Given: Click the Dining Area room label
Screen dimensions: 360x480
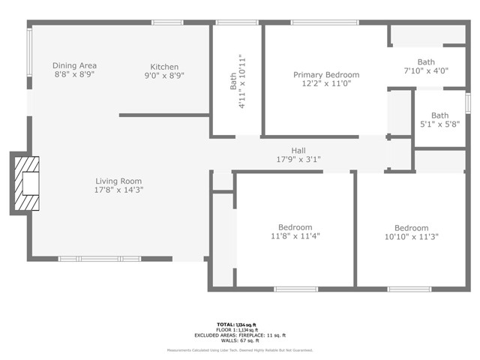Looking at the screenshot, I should pos(74,66).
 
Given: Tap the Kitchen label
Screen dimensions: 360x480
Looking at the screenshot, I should pos(163,66).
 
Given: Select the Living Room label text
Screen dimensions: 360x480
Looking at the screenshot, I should pos(118,181).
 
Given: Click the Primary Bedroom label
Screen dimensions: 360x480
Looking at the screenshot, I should pos(325,75).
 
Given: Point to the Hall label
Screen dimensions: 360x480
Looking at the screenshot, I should pos(298,150).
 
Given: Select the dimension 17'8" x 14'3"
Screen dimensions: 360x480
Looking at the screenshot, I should pos(118,190).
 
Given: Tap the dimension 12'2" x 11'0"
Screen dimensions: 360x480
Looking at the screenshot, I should pos(325,84).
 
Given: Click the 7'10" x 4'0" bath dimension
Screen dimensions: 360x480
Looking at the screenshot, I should pos(426,71).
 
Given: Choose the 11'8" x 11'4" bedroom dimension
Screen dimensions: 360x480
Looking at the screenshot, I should pos(295,236).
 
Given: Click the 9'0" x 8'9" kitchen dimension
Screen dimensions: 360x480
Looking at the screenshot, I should pos(163,75).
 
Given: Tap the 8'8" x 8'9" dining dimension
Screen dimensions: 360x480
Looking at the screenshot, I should pos(74,75).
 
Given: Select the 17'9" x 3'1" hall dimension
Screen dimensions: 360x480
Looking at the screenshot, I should pos(298,159).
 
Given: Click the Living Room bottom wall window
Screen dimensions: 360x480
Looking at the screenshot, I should pos(99,259).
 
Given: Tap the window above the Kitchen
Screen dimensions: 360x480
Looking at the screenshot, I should pos(167,22).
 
